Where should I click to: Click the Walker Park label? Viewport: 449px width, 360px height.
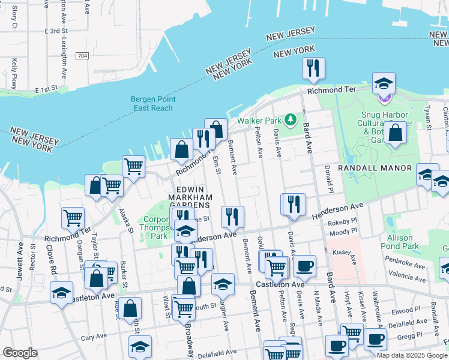pyautogui.click(x=259, y=120)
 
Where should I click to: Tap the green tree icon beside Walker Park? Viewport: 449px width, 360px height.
pyautogui.click(x=291, y=120)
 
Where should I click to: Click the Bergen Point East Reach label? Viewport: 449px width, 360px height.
pyautogui.click(x=152, y=104)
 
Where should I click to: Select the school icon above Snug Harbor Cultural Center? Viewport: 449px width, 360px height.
pyautogui.click(x=384, y=83)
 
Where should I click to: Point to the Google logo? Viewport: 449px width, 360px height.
pyautogui.click(x=20, y=352)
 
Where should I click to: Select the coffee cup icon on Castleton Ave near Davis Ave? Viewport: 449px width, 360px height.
pyautogui.click(x=304, y=266)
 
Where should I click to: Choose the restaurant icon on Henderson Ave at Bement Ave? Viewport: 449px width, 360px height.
pyautogui.click(x=232, y=217)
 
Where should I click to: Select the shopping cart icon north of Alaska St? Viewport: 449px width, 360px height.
pyautogui.click(x=133, y=166)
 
